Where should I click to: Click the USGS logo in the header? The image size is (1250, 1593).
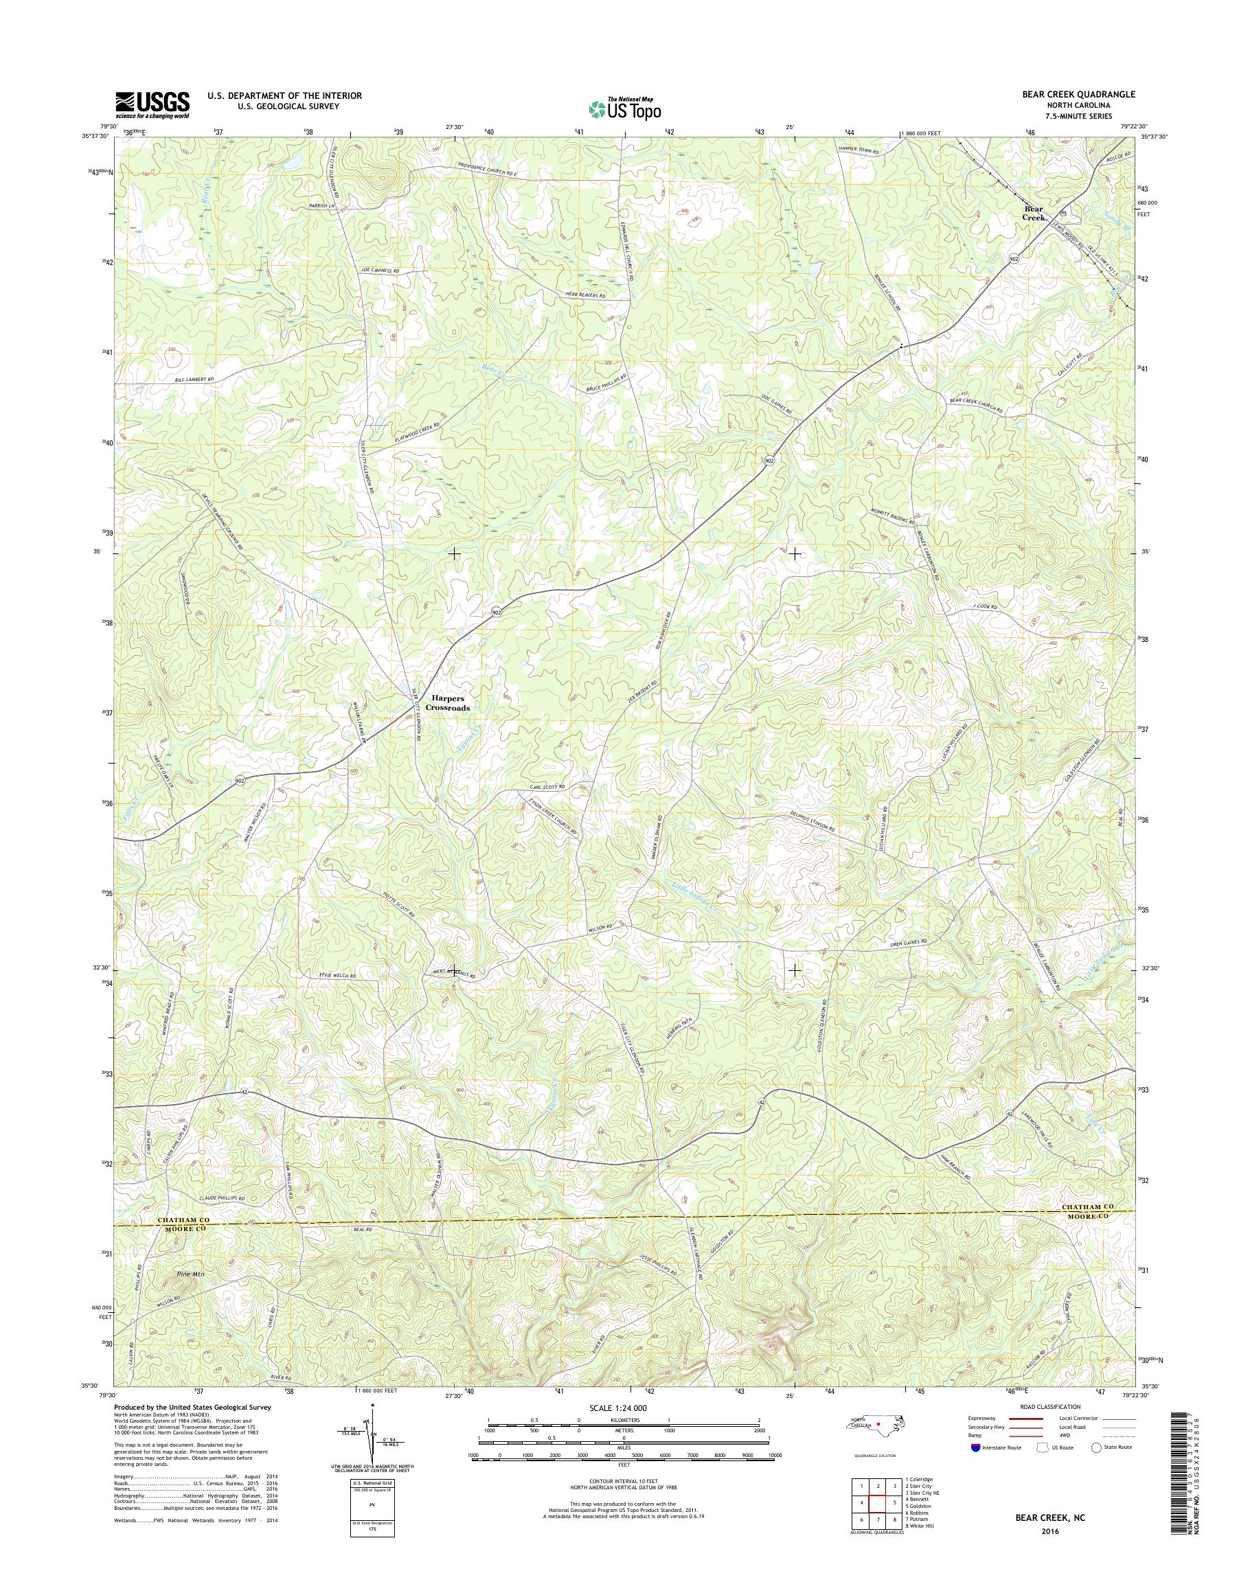(x=152, y=104)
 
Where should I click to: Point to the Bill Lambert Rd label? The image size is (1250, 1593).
(x=194, y=380)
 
